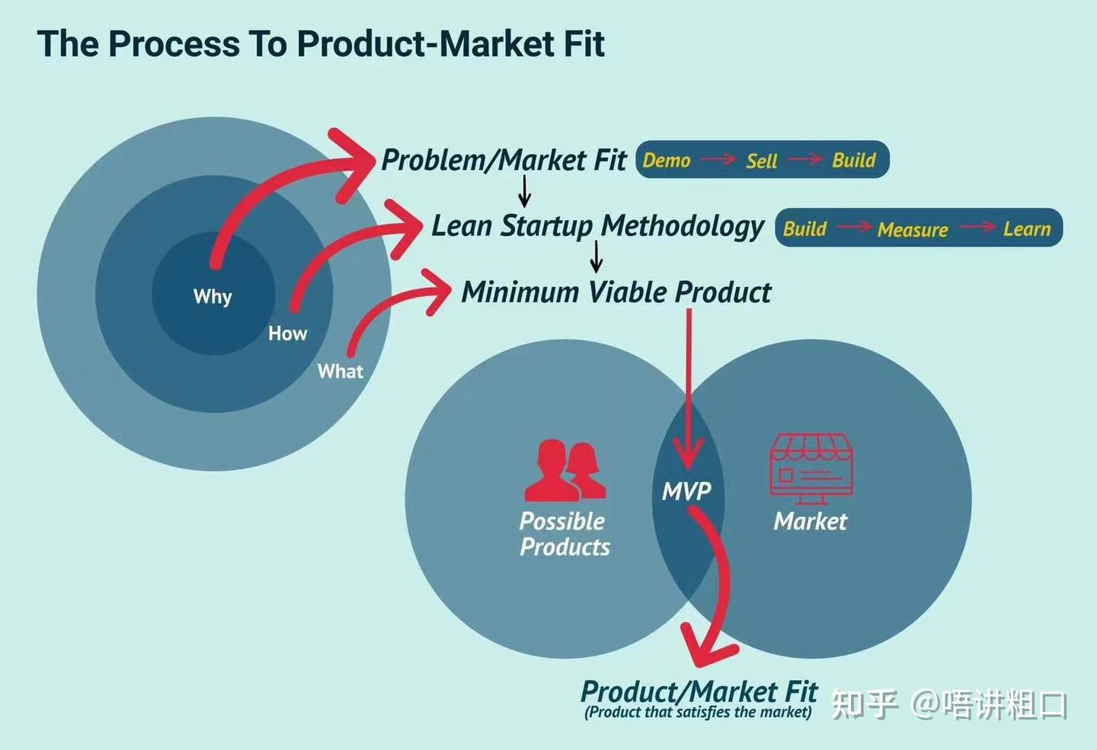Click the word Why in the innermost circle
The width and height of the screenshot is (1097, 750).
(x=213, y=296)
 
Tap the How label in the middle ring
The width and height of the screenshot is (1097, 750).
(x=287, y=334)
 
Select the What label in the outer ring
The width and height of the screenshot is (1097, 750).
(x=341, y=372)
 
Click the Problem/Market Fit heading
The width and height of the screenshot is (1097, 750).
(x=504, y=160)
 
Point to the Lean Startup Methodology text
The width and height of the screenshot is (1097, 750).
(x=597, y=226)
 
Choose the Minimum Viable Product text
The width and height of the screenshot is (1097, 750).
(x=616, y=292)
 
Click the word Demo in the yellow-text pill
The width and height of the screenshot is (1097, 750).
(x=667, y=160)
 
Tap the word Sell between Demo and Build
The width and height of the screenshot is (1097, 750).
(x=761, y=161)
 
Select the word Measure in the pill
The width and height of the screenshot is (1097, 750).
(x=913, y=229)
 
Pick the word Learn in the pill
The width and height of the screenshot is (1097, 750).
(x=1026, y=228)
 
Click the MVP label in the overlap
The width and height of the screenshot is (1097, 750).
(x=686, y=491)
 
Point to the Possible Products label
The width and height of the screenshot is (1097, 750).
(x=564, y=534)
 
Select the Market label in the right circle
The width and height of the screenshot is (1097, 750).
(x=810, y=522)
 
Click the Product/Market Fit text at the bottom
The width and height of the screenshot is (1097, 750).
(x=699, y=691)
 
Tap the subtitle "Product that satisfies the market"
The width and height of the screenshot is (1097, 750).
(x=698, y=713)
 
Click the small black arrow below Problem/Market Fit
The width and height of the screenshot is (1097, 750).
(x=524, y=190)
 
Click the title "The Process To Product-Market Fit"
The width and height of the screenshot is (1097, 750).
(x=321, y=43)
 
